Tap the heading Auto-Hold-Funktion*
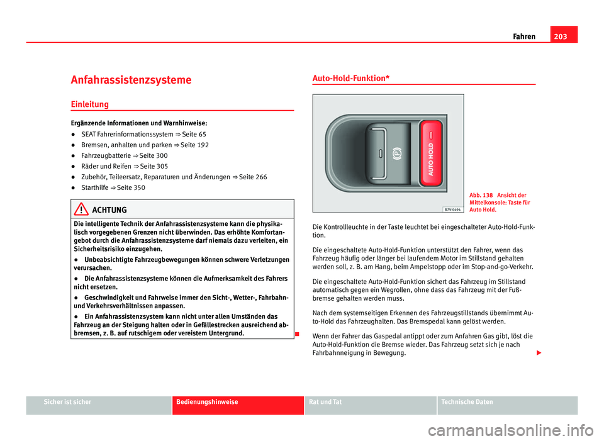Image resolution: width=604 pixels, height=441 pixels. pos(350,77)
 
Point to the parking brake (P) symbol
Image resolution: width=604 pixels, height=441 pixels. pos(397,153)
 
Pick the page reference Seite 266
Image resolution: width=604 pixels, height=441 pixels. pos(254,177)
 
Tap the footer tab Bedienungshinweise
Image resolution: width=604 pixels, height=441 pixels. pos(207,402)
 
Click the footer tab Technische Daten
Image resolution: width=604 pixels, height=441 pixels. pos(468,402)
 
